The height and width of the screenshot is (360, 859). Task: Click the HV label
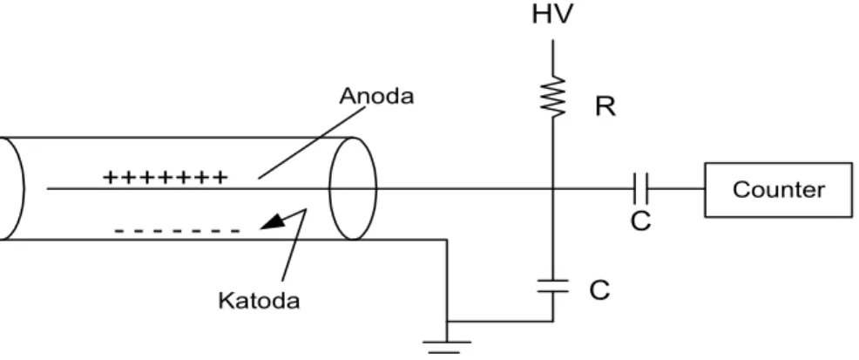coord(552,15)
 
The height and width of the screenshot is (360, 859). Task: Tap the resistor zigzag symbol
coord(552,97)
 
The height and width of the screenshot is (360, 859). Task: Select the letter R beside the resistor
coord(605,107)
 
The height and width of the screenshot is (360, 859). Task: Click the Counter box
coord(778,190)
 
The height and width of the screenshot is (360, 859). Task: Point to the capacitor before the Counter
coord(640,189)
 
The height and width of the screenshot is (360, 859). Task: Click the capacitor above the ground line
coord(552,286)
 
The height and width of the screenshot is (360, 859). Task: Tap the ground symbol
coord(446,347)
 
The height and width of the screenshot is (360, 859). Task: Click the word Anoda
coord(377,97)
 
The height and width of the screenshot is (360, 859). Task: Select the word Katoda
coord(259,301)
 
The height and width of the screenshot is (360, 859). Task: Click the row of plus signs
coord(166,177)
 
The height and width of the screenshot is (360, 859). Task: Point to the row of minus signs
coord(177,231)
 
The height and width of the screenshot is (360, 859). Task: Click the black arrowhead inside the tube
coord(273,221)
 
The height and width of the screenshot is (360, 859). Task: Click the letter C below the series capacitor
coord(640,221)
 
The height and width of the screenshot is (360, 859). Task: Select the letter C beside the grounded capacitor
coord(600,290)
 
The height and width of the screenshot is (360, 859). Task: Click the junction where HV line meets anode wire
coord(552,189)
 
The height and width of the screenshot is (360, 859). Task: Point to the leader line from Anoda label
coord(312,142)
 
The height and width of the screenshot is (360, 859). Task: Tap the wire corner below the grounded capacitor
coord(552,321)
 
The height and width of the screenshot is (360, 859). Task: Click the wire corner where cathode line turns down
coord(446,240)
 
